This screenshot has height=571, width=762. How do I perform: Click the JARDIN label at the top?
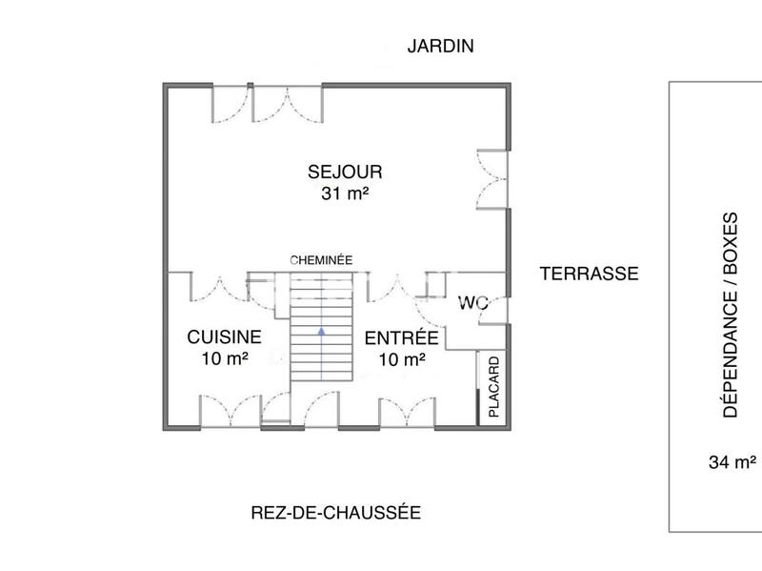pos(440,46)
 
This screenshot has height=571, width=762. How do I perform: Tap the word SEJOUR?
pos(344,173)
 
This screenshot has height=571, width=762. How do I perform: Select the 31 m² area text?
pos(345,194)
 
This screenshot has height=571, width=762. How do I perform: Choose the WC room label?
pos(473,303)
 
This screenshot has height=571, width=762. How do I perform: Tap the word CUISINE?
pos(224,336)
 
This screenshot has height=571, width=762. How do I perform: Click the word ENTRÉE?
pos(401,338)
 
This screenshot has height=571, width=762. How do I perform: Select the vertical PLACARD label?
pos(493,387)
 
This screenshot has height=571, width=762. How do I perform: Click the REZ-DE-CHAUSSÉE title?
pos(335,513)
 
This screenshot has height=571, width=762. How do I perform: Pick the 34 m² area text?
pos(732,463)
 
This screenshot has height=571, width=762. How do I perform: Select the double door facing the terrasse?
pos(493,178)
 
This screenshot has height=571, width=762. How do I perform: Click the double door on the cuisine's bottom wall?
pos(230,412)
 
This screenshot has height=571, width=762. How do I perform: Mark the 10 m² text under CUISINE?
pos(224,359)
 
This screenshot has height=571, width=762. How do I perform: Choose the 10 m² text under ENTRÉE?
pos(401,360)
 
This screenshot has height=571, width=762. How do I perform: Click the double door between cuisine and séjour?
pos(220,289)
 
